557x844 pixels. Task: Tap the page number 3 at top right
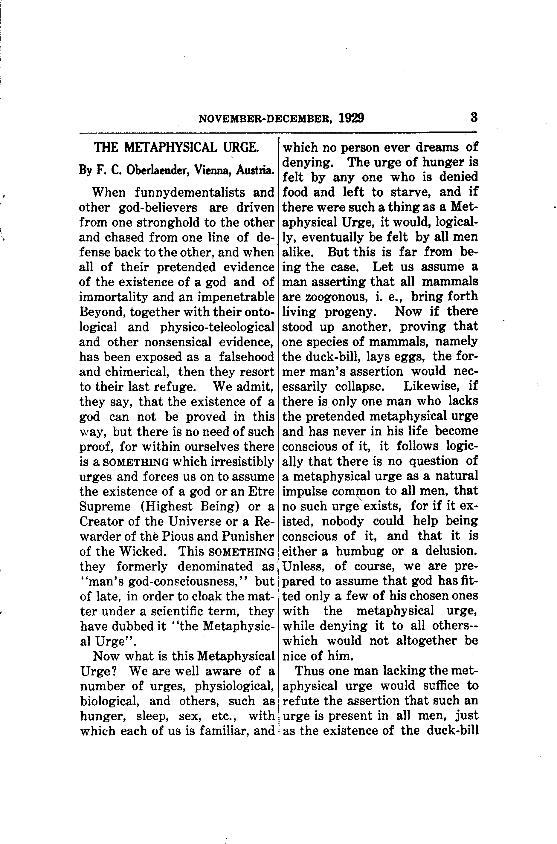(x=474, y=117)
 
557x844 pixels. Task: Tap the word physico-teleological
(x=217, y=327)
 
